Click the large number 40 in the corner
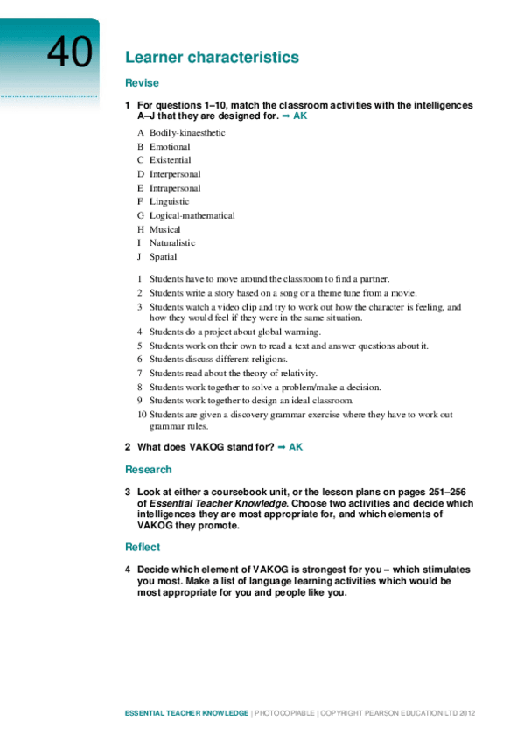[x=68, y=52]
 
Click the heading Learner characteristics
[x=212, y=58]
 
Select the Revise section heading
[x=142, y=83]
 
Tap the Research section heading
[x=149, y=470]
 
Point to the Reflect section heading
[x=143, y=547]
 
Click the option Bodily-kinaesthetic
[x=187, y=132]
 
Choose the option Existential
[x=170, y=160]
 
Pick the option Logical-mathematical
[x=192, y=215]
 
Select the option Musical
[x=165, y=229]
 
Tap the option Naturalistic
[x=172, y=243]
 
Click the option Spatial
[x=163, y=257]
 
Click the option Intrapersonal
[x=175, y=188]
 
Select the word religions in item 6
[x=267, y=359]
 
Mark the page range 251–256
[x=452, y=492]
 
